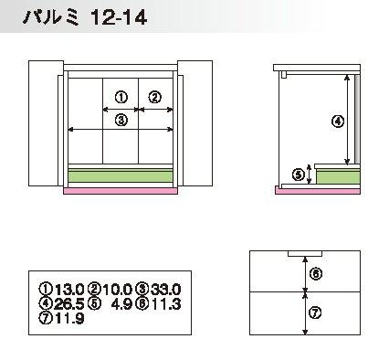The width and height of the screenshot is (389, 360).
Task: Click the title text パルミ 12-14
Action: (x=85, y=17)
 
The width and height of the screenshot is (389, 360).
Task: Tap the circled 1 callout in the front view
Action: (x=121, y=98)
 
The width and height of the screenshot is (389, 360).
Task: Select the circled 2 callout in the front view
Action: (x=155, y=98)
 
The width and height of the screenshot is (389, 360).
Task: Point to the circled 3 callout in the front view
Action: (x=121, y=121)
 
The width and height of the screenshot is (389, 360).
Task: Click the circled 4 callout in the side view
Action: (x=338, y=122)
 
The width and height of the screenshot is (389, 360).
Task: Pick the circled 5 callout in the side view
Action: (x=299, y=175)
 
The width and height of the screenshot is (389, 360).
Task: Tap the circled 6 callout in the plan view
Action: (x=316, y=274)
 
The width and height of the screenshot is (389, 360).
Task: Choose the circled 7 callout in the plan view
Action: (x=315, y=312)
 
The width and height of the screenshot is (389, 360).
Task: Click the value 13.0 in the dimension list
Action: (x=69, y=289)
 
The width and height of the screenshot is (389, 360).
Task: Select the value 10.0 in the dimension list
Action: (x=117, y=289)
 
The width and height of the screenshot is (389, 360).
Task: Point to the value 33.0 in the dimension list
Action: (x=165, y=289)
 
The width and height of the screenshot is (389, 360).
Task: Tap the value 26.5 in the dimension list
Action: (x=69, y=303)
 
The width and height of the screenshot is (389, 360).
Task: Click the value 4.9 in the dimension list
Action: (x=121, y=303)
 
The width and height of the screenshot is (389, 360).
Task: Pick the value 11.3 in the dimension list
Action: (x=166, y=303)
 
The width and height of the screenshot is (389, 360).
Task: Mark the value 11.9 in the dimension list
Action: (x=69, y=319)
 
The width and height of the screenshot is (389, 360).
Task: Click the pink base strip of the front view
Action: (x=121, y=191)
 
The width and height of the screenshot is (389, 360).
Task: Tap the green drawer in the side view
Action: (x=338, y=176)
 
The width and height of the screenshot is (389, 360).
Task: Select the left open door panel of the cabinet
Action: (x=46, y=123)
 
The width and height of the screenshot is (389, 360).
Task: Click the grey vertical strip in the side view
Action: (x=357, y=119)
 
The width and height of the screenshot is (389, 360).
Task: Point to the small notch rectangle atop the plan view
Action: (x=305, y=253)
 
